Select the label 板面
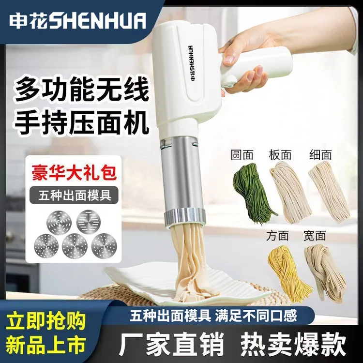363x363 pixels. (x=280, y=155)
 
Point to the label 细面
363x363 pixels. (x=321, y=155)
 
